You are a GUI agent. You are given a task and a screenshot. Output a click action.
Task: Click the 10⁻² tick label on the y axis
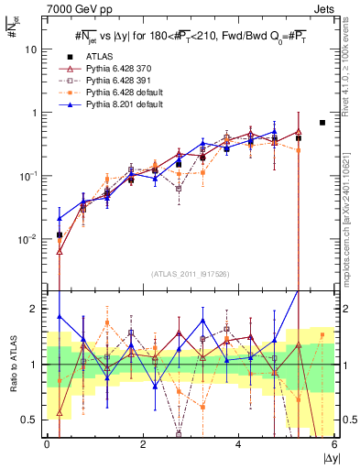30,238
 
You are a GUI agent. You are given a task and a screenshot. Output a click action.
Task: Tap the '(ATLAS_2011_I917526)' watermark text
191,273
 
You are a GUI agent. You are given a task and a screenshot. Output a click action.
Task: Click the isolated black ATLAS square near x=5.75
322,122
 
